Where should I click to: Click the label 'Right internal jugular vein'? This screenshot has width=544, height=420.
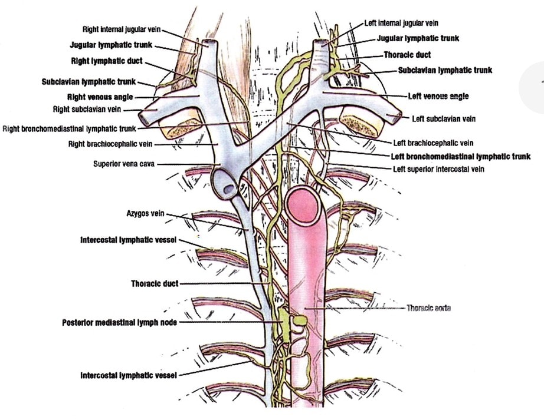pyautogui.click(x=122, y=29)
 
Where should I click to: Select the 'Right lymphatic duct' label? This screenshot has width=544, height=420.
pyautogui.click(x=107, y=61)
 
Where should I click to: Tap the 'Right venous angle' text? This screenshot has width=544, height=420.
pyautogui.click(x=100, y=97)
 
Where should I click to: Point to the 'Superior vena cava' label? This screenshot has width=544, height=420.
pyautogui.click(x=124, y=163)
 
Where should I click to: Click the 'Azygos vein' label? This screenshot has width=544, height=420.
pyautogui.click(x=145, y=213)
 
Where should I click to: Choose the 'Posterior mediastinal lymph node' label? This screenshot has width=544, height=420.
pyautogui.click(x=119, y=322)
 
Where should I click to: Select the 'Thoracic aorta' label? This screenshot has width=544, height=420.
pyautogui.click(x=428, y=308)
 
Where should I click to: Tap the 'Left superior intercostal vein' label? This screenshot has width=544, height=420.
pyautogui.click(x=438, y=169)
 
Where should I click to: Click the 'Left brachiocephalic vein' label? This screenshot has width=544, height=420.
pyautogui.click(x=433, y=143)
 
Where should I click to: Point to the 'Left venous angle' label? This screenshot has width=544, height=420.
pyautogui.click(x=438, y=96)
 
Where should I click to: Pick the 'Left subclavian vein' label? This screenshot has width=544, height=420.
pyautogui.click(x=444, y=119)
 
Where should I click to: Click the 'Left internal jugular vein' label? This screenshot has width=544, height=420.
pyautogui.click(x=401, y=23)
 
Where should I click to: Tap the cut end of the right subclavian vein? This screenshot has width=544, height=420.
pyautogui.click(x=143, y=118)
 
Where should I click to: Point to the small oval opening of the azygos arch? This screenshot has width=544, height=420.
pyautogui.click(x=230, y=189)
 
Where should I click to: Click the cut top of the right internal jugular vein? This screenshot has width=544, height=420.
pyautogui.click(x=209, y=43)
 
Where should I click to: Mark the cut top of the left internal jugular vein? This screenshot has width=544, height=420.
pyautogui.click(x=320, y=43)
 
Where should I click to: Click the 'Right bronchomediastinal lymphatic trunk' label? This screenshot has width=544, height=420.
pyautogui.click(x=70, y=129)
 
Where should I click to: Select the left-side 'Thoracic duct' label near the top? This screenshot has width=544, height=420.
pyautogui.click(x=407, y=55)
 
